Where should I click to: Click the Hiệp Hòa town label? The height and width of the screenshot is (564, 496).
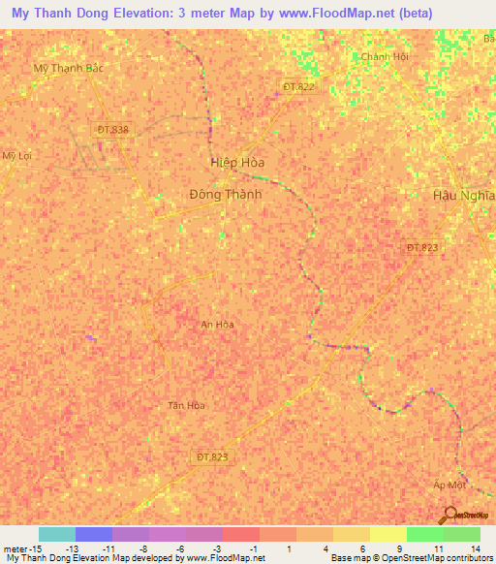point(237,163)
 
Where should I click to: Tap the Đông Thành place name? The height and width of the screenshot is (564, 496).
point(225,194)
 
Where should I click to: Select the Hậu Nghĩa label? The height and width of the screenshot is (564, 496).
point(463,195)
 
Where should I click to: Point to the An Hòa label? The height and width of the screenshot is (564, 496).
point(217,325)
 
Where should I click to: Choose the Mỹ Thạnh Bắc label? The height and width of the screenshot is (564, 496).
point(68,69)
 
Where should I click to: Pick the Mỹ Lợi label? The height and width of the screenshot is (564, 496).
point(16,155)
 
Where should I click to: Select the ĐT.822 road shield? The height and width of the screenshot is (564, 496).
point(299,87)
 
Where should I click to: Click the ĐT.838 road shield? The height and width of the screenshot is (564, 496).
point(112,130)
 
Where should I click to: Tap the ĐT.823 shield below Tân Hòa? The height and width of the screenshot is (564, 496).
point(215,456)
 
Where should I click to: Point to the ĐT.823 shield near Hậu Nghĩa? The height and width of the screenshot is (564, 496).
point(422,248)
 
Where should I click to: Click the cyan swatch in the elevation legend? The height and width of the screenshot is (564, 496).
point(57,534)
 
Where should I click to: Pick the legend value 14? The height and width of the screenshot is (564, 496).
point(475,548)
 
